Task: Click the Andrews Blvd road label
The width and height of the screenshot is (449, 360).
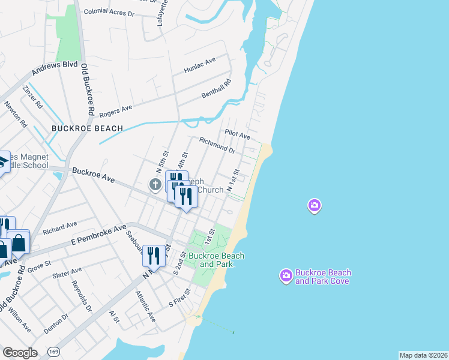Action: point(55,69)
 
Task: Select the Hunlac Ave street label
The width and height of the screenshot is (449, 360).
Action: point(202,62)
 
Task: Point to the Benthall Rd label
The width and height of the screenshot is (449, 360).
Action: point(215,91)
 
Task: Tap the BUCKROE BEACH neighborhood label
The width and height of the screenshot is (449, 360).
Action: point(87,128)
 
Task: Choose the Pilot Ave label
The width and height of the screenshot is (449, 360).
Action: point(237,134)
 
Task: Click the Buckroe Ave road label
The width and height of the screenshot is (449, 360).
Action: point(93,175)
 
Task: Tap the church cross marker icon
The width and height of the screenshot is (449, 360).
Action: point(155,185)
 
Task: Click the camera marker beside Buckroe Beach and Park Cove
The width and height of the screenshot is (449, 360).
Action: point(286,276)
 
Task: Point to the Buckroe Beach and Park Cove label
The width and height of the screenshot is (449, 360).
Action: point(323,277)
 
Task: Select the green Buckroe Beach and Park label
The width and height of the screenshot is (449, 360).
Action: point(216,260)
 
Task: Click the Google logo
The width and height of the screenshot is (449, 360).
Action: point(20,353)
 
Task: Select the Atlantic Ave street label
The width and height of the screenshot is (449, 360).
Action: point(145,307)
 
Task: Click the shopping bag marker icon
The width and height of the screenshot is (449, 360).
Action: point(19,243)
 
